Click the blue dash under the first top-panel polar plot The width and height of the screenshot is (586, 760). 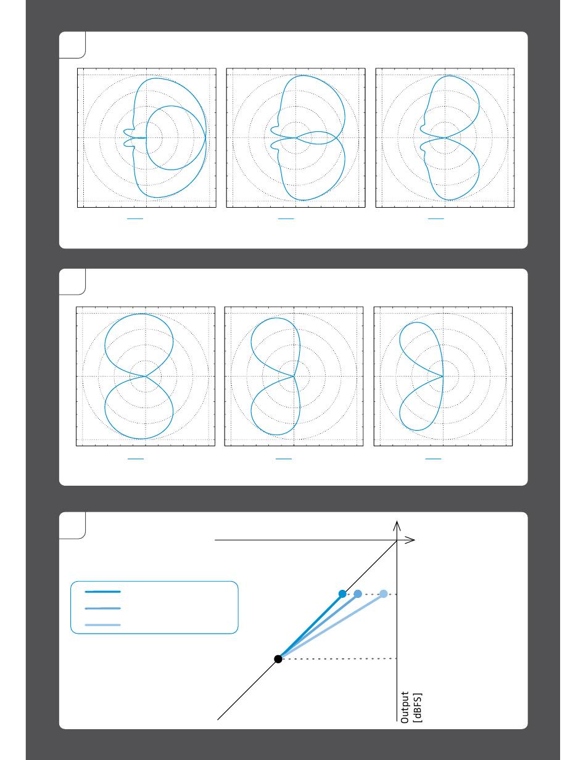[135, 219]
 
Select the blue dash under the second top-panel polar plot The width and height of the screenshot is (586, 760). [286, 219]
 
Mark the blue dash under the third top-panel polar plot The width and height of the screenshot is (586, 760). [436, 219]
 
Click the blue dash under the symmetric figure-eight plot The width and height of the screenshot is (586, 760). [136, 459]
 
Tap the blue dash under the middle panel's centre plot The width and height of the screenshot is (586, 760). [284, 459]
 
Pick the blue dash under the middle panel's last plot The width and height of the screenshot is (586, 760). [433, 459]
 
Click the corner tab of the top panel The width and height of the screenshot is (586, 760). [72, 45]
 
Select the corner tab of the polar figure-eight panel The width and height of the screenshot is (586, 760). [72, 282]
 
